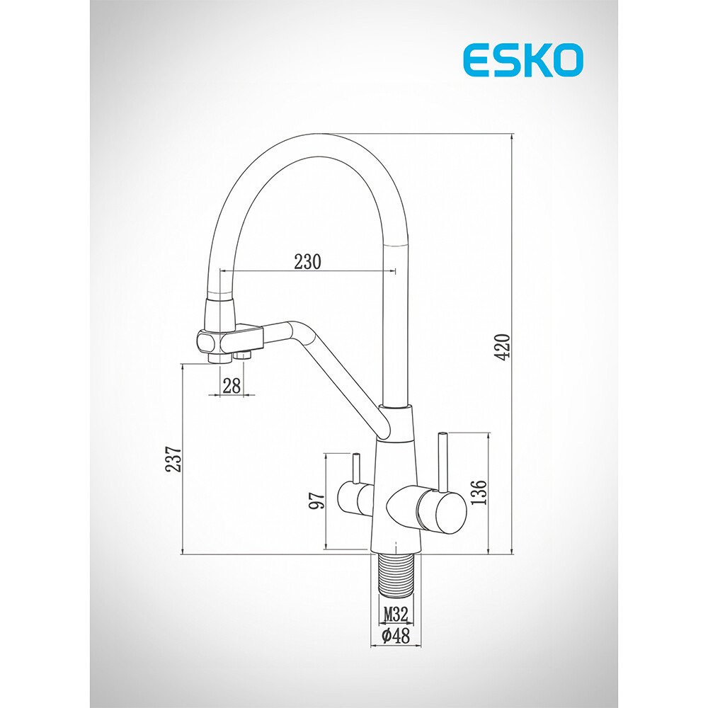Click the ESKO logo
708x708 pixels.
point(523,60)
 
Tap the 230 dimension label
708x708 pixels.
point(307,261)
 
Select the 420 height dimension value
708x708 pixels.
point(502,347)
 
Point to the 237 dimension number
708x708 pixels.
point(173,459)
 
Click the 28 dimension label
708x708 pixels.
point(232,386)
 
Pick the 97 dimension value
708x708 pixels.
point(316,501)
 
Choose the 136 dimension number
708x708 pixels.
point(479,492)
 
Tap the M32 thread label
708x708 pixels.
point(396,614)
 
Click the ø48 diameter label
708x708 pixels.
point(396,636)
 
